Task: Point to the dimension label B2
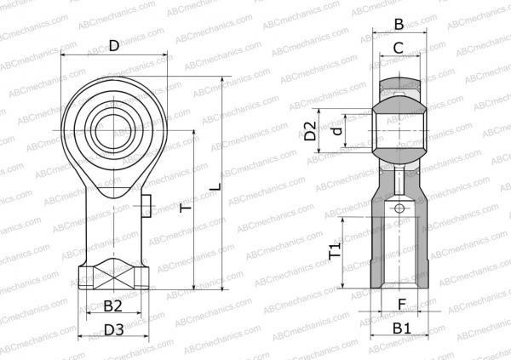[112, 306]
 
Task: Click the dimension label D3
[113, 329]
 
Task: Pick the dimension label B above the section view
[399, 25]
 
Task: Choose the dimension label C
[399, 49]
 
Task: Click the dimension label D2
[312, 131]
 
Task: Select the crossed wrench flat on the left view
[112, 275]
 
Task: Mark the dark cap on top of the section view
[399, 84]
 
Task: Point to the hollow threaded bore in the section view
[399, 251]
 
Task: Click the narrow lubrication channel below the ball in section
[399, 181]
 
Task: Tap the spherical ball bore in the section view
[399, 131]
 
